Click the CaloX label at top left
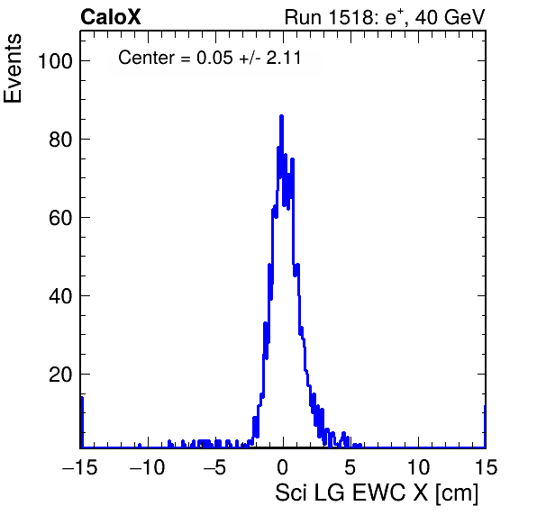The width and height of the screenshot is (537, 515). pyautogui.click(x=111, y=17)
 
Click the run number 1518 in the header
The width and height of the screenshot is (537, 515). pyautogui.click(x=350, y=17)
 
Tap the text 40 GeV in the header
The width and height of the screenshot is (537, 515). pyautogui.click(x=450, y=17)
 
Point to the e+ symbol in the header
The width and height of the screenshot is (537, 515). pyautogui.click(x=394, y=17)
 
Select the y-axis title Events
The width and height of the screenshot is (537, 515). pyautogui.click(x=13, y=68)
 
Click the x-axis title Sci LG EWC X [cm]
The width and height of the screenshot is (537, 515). pyautogui.click(x=377, y=493)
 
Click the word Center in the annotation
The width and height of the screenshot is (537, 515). pyautogui.click(x=146, y=57)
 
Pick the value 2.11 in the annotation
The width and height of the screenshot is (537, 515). pyautogui.click(x=284, y=57)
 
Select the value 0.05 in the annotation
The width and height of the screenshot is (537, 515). pyautogui.click(x=214, y=57)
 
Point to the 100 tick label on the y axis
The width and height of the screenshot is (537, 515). pyautogui.click(x=56, y=61)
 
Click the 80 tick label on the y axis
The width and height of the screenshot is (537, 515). pyautogui.click(x=60, y=140)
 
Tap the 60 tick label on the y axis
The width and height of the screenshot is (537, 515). pyautogui.click(x=60, y=218)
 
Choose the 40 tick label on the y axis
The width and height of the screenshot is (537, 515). pyautogui.click(x=60, y=296)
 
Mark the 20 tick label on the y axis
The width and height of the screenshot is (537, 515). pyautogui.click(x=60, y=375)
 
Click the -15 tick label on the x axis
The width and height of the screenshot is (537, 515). pyautogui.click(x=80, y=466)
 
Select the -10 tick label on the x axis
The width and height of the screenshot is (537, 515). pyautogui.click(x=147, y=466)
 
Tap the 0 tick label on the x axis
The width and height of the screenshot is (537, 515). pyautogui.click(x=283, y=466)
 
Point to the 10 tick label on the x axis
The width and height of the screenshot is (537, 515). pyautogui.click(x=418, y=466)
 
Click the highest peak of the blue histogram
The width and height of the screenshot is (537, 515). pyautogui.click(x=281, y=116)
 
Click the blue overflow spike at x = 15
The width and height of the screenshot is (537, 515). pyautogui.click(x=485, y=426)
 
